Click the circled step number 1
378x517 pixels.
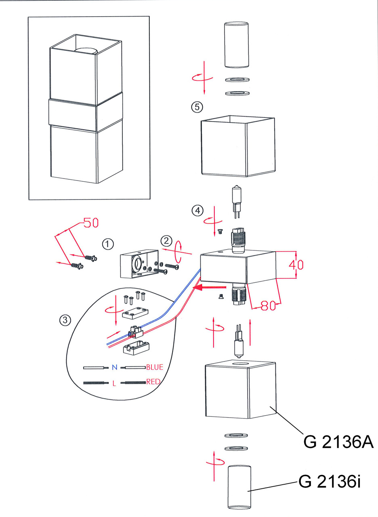[x=108, y=244]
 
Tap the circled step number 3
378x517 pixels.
[x=65, y=320]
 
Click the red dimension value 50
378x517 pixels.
[x=91, y=223]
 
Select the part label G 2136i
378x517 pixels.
[x=329, y=482]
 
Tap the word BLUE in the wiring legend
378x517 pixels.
[x=155, y=367]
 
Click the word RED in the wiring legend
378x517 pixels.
[x=153, y=381]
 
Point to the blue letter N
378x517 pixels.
[x=114, y=368]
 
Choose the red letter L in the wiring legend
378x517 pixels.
[x=114, y=383]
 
